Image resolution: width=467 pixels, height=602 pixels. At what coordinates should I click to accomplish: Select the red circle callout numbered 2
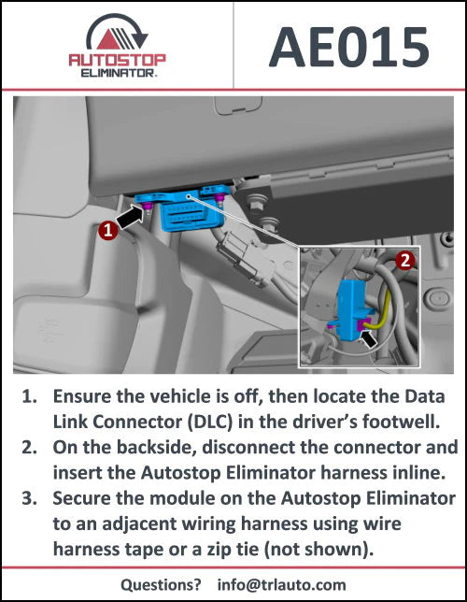point(404,263)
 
